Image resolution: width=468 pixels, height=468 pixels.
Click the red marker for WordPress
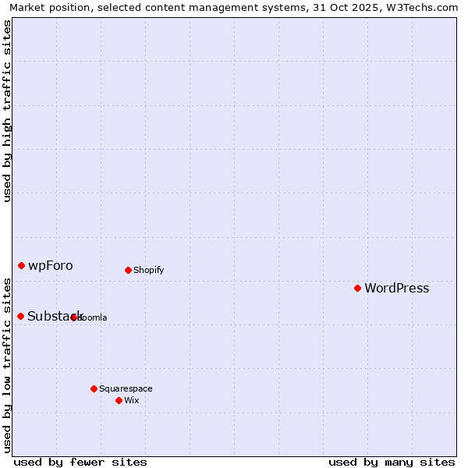tap(357, 288)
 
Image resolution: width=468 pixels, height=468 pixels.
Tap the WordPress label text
tap(397, 289)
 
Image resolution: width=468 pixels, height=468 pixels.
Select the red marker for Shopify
tap(128, 270)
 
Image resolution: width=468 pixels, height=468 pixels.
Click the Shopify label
tap(148, 271)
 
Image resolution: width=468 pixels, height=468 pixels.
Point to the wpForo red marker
tap(21, 265)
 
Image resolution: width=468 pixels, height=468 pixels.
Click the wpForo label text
tap(51, 266)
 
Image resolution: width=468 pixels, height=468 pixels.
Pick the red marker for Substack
tap(20, 316)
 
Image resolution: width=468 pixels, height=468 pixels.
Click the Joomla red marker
tap(74, 317)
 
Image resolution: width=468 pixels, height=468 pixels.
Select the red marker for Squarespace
tap(94, 388)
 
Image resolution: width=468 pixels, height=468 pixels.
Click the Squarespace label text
tap(126, 388)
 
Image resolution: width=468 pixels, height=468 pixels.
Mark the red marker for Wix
tap(119, 400)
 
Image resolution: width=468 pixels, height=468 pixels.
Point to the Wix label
tap(131, 400)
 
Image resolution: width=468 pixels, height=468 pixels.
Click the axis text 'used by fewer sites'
tap(80, 462)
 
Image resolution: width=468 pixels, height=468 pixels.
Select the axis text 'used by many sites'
tap(392, 462)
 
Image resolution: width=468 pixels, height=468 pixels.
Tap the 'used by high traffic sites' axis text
tap(8, 111)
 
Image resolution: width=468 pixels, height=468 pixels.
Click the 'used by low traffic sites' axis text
tap(8, 365)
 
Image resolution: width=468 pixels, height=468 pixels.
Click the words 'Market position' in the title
tap(46, 7)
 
